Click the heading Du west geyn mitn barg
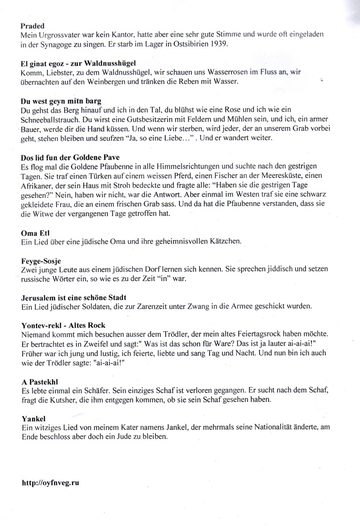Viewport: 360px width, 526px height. [62, 100]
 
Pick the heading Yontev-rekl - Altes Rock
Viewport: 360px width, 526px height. [63, 325]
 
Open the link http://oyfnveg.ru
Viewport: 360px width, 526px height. [50, 483]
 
